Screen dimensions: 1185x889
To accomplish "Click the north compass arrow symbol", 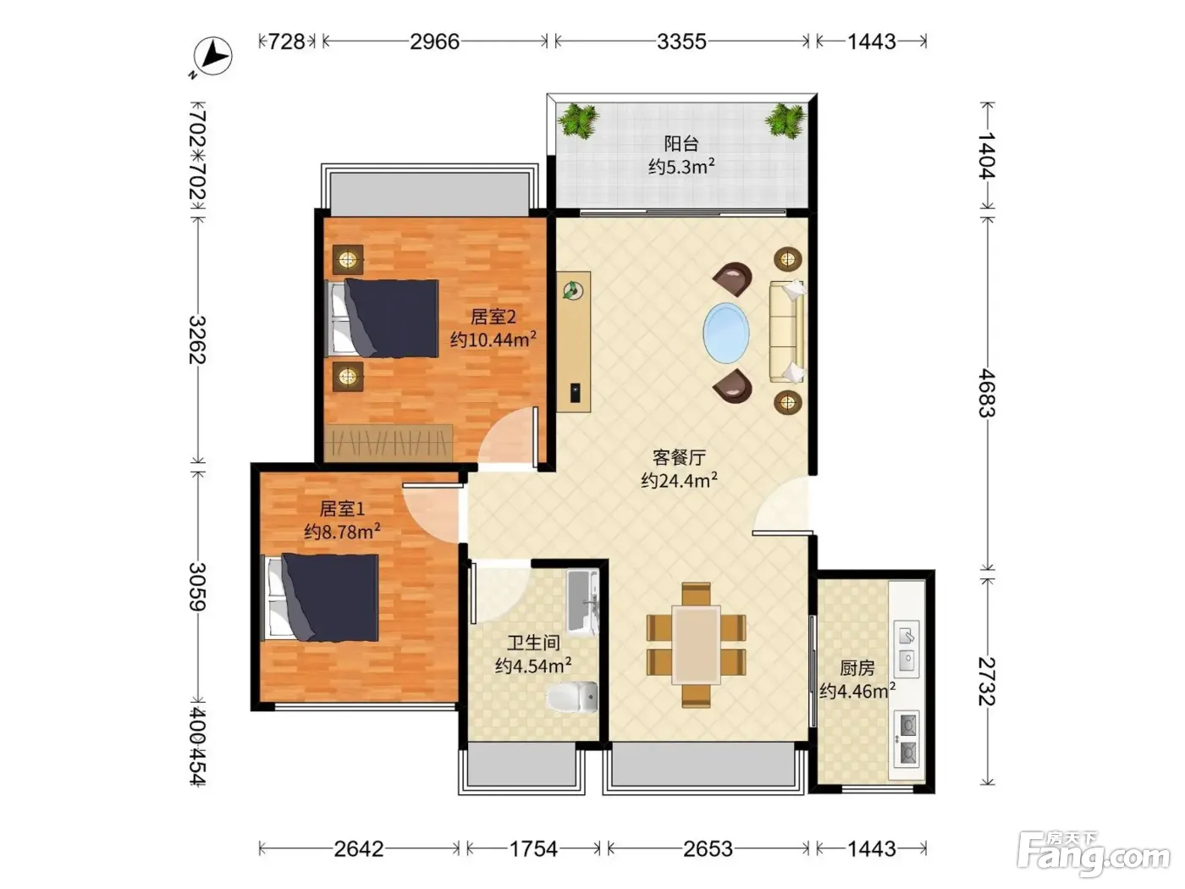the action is pyautogui.click(x=213, y=56).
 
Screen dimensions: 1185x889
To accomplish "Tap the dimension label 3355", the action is pyautogui.click(x=681, y=41).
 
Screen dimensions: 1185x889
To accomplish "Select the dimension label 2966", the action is pyautogui.click(x=434, y=41).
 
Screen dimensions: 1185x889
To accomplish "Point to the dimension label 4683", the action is pyautogui.click(x=988, y=392).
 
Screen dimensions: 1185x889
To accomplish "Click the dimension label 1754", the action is pyautogui.click(x=533, y=849).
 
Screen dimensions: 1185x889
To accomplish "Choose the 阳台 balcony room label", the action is pyautogui.click(x=681, y=144).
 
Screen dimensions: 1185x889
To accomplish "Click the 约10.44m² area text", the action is pyautogui.click(x=493, y=340).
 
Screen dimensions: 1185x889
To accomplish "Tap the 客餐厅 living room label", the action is pyautogui.click(x=679, y=457).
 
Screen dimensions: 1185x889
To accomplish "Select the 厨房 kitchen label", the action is pyautogui.click(x=857, y=668).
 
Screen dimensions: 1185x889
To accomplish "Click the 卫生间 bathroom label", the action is pyautogui.click(x=533, y=643).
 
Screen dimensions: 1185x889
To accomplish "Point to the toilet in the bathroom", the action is pyautogui.click(x=572, y=697).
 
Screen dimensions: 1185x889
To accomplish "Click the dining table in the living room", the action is pyautogui.click(x=696, y=644).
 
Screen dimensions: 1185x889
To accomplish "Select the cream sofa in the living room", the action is pyautogui.click(x=786, y=331).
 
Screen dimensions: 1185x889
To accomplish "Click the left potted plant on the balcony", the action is pyautogui.click(x=578, y=120).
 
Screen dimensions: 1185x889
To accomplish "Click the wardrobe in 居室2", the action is pyautogui.click(x=389, y=443).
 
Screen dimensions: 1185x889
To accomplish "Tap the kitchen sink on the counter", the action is pyautogui.click(x=907, y=649).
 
